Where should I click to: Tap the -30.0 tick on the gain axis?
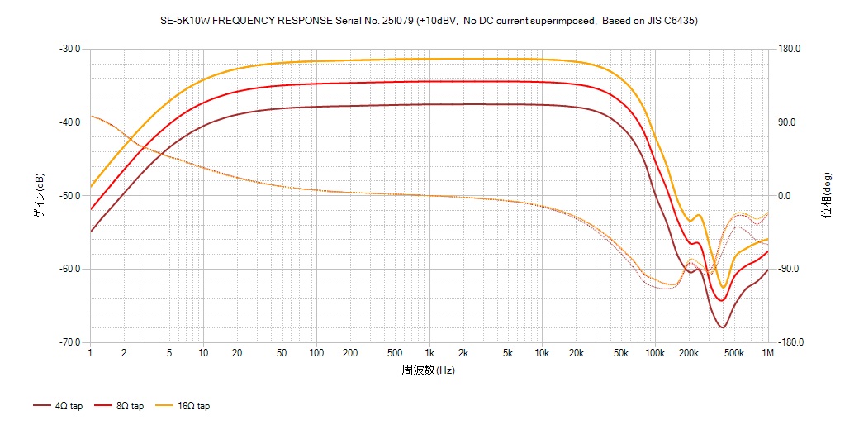click(x=69, y=49)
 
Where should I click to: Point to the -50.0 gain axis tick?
click(x=69, y=196)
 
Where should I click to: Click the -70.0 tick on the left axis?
click(x=69, y=342)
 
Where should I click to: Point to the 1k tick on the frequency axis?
click(x=429, y=353)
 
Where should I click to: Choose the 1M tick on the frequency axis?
click(x=768, y=353)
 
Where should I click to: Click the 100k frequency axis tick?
click(x=655, y=353)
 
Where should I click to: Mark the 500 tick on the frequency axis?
click(x=395, y=353)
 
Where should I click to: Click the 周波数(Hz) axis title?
click(x=429, y=370)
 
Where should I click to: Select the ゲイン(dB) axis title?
click(x=39, y=195)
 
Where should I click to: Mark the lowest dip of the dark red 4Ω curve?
click(x=723, y=327)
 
